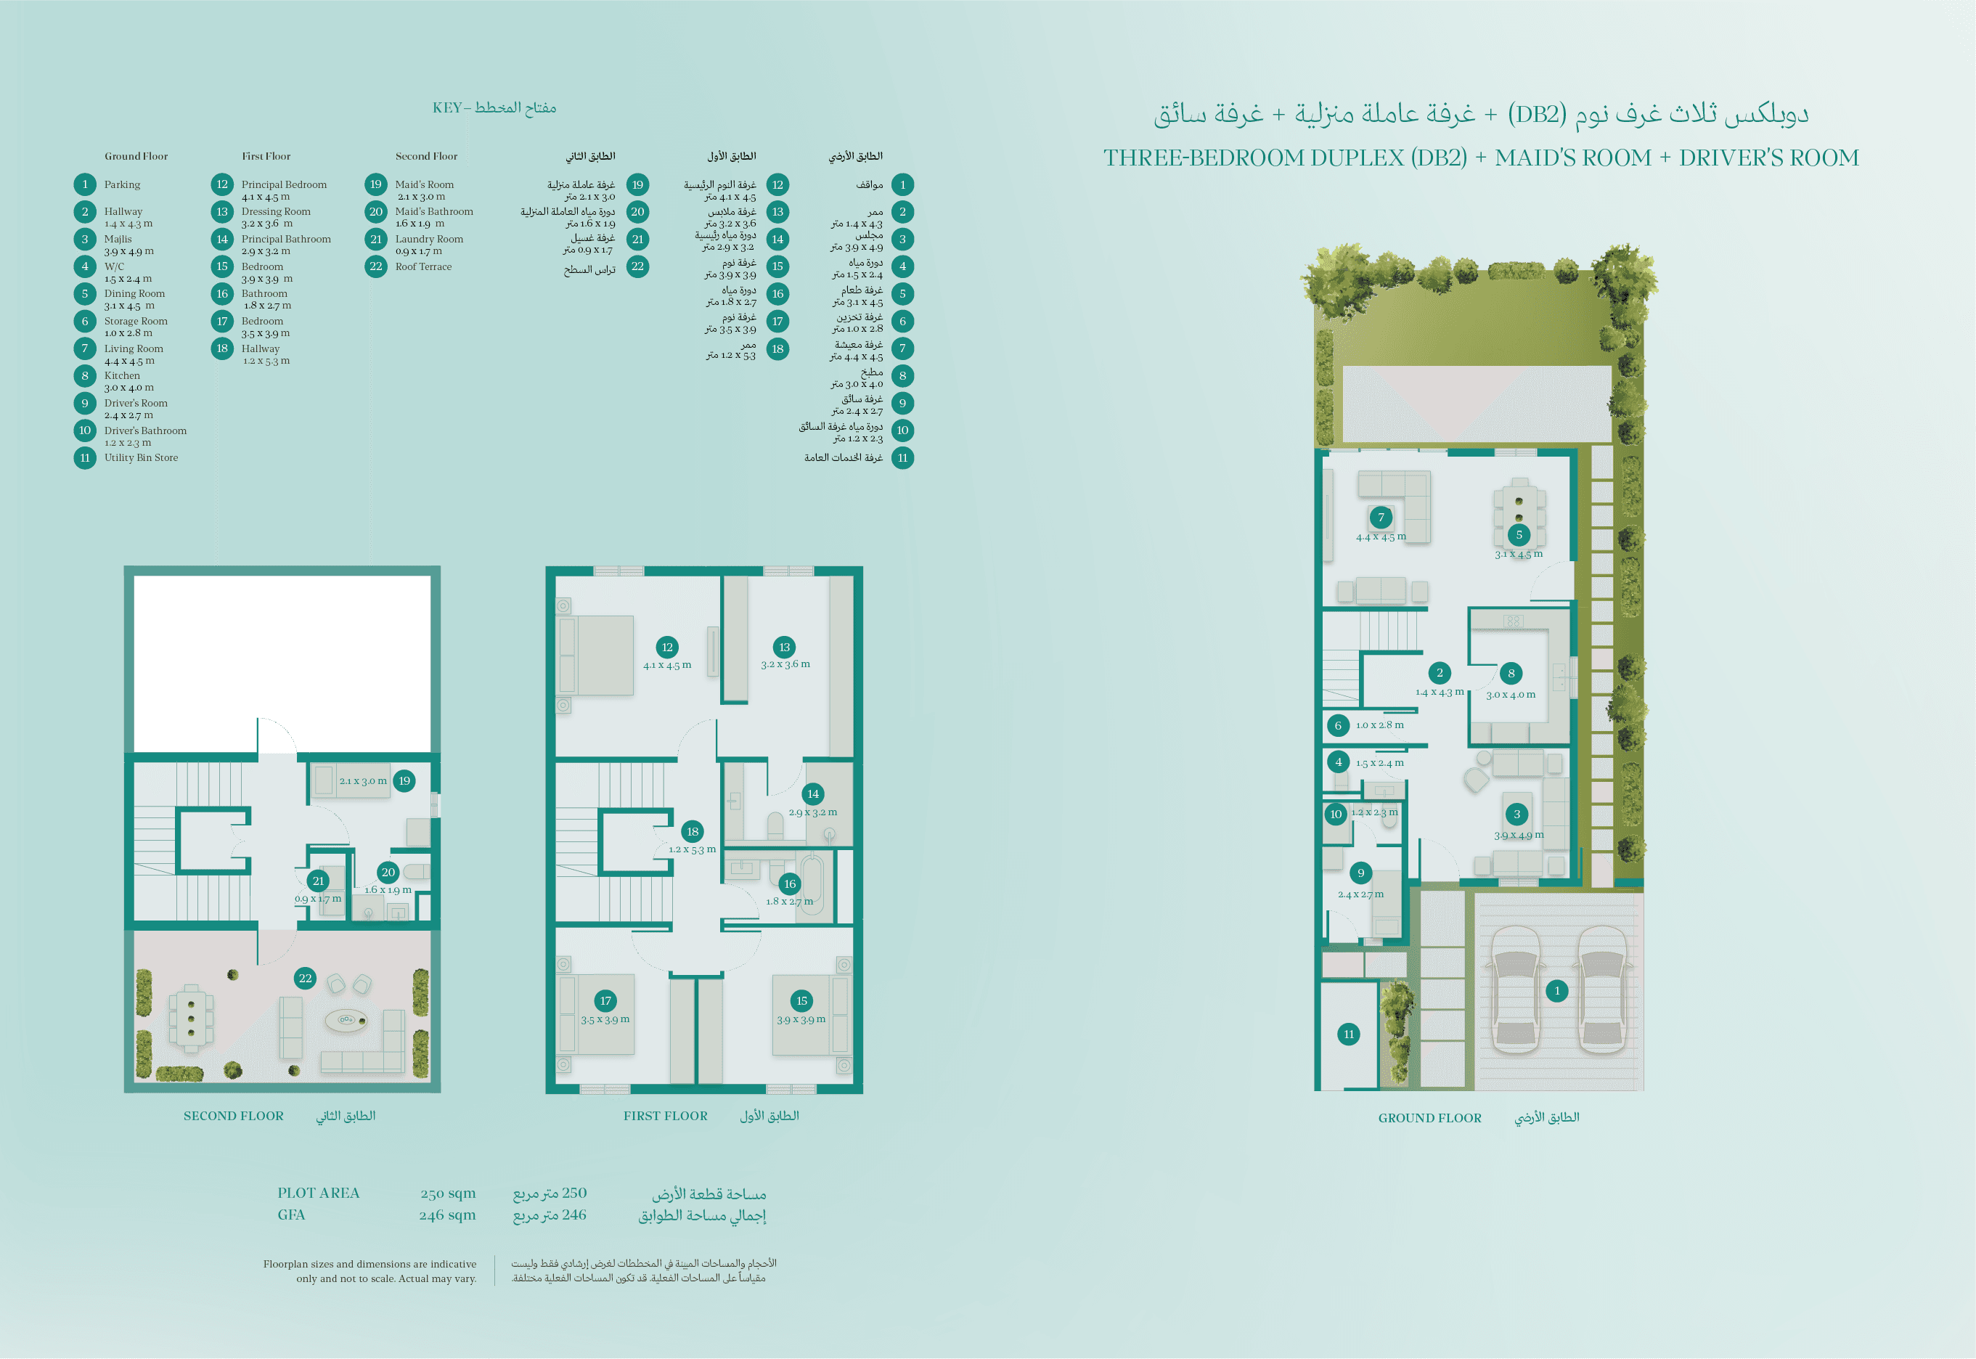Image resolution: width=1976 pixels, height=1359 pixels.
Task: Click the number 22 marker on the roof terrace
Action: coord(305,978)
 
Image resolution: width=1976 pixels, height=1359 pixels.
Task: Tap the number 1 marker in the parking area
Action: coord(1557,990)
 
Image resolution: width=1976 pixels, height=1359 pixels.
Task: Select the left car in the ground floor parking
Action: coord(1516,989)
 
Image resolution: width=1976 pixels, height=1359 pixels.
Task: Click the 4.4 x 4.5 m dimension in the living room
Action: coord(1381,536)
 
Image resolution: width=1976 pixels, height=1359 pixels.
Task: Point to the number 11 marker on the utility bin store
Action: coord(1349,1034)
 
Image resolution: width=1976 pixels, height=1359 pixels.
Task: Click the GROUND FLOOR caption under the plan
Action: coord(1429,1117)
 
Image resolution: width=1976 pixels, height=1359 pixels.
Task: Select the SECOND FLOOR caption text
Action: coord(233,1116)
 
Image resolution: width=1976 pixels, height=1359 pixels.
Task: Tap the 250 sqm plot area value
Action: coord(448,1193)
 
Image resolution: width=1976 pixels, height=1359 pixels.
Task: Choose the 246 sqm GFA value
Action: coord(447,1215)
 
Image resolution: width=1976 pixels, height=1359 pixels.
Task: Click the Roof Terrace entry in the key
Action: coord(423,266)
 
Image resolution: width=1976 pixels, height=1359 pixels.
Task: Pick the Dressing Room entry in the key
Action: coord(276,211)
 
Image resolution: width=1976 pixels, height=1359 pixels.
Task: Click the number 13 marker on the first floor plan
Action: coord(784,647)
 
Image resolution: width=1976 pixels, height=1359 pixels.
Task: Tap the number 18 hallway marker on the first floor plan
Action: coord(692,831)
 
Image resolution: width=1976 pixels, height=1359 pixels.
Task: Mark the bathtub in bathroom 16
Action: coord(812,886)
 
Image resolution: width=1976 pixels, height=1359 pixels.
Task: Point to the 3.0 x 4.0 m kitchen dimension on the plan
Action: coord(1511,694)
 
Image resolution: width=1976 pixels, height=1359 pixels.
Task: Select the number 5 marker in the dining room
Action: coord(1519,535)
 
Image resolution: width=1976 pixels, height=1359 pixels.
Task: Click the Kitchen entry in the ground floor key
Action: coord(122,375)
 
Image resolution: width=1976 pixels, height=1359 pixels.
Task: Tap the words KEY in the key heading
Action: coord(447,107)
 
